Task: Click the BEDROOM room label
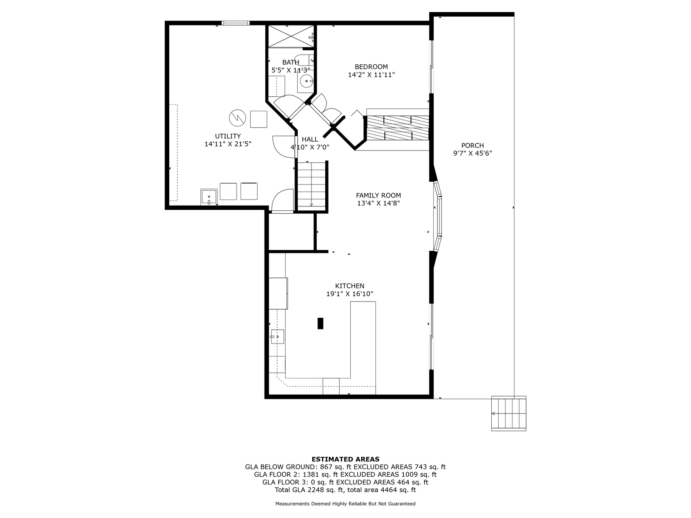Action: point(371,67)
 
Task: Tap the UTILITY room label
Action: point(228,136)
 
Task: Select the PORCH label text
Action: point(472,146)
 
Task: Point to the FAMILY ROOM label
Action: point(378,195)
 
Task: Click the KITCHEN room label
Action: point(350,286)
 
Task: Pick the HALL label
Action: point(310,140)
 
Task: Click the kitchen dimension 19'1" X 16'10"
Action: point(350,294)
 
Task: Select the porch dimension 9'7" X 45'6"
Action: point(472,153)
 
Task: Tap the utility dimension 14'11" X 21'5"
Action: point(228,144)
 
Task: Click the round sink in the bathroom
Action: point(306,81)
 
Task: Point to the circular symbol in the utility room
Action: point(237,118)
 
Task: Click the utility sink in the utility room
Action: point(209,197)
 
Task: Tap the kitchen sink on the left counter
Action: point(277,336)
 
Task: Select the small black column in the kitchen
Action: point(320,323)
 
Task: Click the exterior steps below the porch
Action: point(508,413)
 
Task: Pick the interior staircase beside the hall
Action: point(311,185)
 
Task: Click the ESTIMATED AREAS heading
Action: point(345,459)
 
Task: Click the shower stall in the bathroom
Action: point(291,36)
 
